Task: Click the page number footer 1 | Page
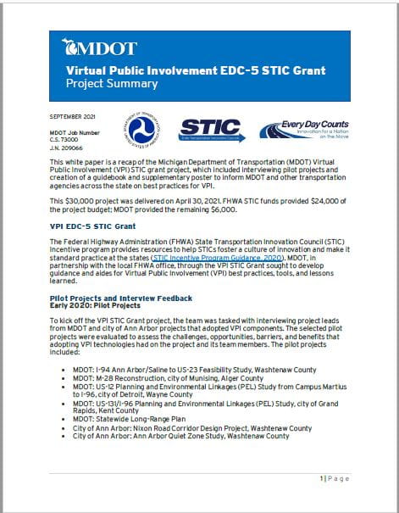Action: pos(335,479)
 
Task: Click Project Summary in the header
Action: pos(112,84)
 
